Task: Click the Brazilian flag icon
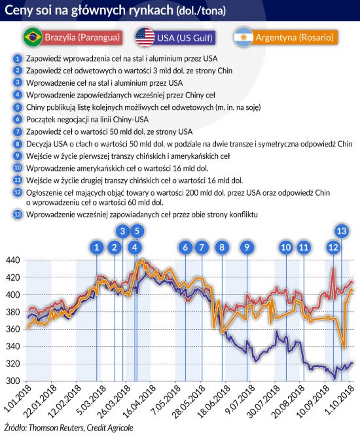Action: pos(33,37)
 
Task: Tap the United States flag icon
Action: pos(145,37)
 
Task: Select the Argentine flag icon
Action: pos(243,37)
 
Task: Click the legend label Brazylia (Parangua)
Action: pos(82,37)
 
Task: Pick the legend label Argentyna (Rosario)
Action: pos(295,37)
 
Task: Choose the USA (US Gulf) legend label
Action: pos(185,38)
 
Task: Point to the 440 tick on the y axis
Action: pos(12,260)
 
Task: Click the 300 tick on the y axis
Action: pos(12,381)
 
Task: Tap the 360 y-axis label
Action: pos(12,329)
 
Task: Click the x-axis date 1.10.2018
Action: pos(338,399)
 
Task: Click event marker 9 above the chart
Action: pos(247,247)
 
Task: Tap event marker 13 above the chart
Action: pos(342,231)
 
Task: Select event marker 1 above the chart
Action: pos(97,247)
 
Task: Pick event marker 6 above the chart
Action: pos(185,247)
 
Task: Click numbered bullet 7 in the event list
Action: pos(18,131)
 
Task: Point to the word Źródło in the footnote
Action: pos(14,428)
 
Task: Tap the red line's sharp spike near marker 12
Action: pos(333,268)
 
